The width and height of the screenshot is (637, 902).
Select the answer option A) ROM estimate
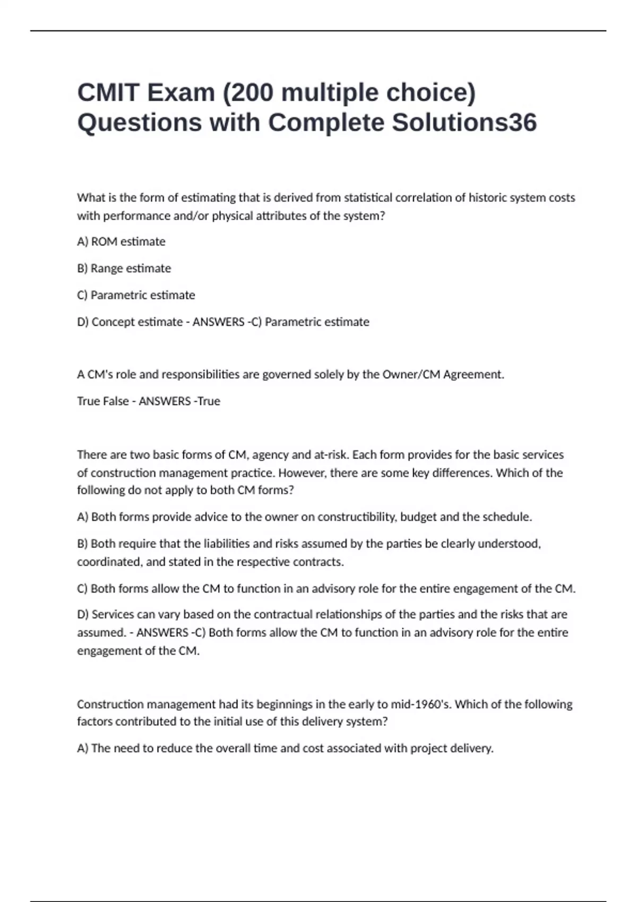tap(121, 242)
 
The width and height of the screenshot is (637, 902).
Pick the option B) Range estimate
tap(124, 268)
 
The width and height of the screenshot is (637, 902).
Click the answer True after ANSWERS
tap(209, 401)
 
